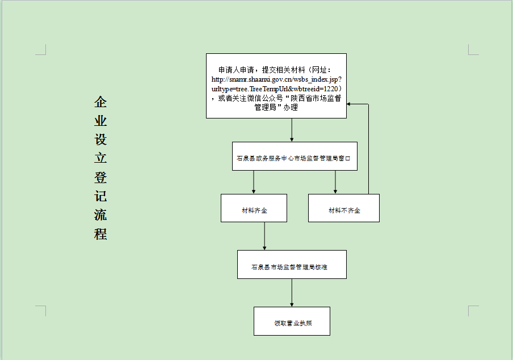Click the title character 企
[100, 102]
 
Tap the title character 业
[100, 121]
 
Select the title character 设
[100, 139]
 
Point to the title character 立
[100, 159]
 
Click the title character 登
[100, 177]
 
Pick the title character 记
[100, 196]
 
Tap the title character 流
[100, 215]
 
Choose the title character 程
[100, 234]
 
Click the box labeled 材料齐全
[254, 208]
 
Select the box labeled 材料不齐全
[344, 208]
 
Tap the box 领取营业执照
[292, 321]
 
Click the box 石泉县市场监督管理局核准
[292, 265]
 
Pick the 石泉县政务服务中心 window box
[295, 156]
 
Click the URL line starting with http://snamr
[276, 79]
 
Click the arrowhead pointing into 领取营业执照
[292, 305]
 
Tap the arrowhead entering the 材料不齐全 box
[335, 192]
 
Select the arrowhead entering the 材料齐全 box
[254, 192]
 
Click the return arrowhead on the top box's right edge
[349, 104]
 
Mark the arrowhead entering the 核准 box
[264, 248]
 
